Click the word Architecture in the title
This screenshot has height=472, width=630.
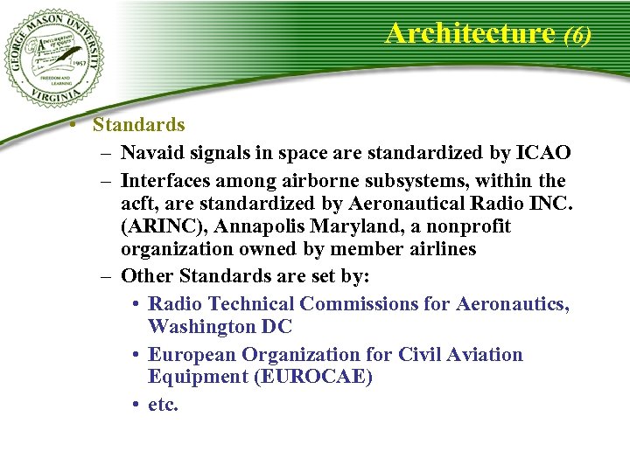pos(470,33)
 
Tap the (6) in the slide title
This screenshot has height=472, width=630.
pos(578,35)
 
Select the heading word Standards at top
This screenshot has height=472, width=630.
pos(139,125)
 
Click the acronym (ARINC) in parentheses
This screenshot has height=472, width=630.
pos(162,226)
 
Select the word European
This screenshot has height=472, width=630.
pos(192,354)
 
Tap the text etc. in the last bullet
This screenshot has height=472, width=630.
pos(164,405)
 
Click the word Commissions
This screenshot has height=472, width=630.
pos(360,303)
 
